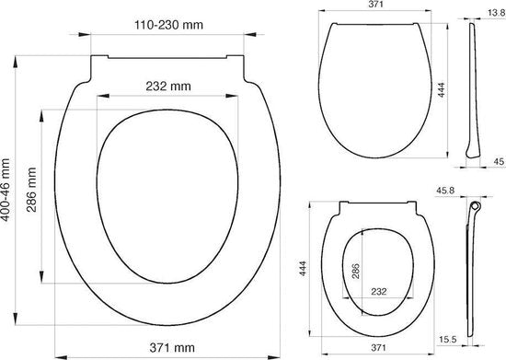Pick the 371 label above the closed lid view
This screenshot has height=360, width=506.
(377, 6)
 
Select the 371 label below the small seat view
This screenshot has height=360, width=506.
(376, 349)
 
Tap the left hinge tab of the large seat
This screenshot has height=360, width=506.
(96, 69)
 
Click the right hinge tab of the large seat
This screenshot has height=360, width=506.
(242, 69)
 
